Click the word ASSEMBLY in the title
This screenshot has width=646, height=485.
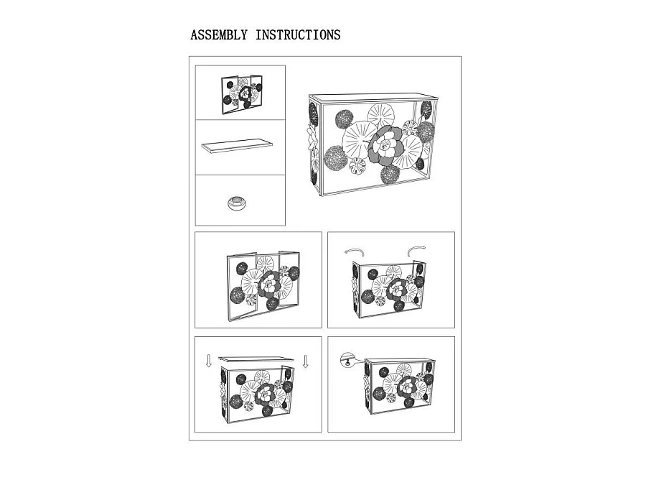click(x=219, y=35)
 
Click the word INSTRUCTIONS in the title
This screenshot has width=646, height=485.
click(x=298, y=35)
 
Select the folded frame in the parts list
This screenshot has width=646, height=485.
click(x=242, y=94)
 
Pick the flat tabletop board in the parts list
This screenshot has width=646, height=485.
click(x=237, y=146)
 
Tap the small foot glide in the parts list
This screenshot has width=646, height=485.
click(x=237, y=203)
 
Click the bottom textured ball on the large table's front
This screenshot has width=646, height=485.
click(x=390, y=174)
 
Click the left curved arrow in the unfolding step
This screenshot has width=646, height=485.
click(x=355, y=251)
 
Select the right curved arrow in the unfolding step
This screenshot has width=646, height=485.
click(x=416, y=250)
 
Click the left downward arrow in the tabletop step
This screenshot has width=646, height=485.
click(x=208, y=361)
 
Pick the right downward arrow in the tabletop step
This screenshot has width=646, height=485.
click(x=305, y=361)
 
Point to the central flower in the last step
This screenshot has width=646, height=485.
click(x=408, y=387)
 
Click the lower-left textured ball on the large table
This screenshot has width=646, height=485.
click(x=335, y=157)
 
